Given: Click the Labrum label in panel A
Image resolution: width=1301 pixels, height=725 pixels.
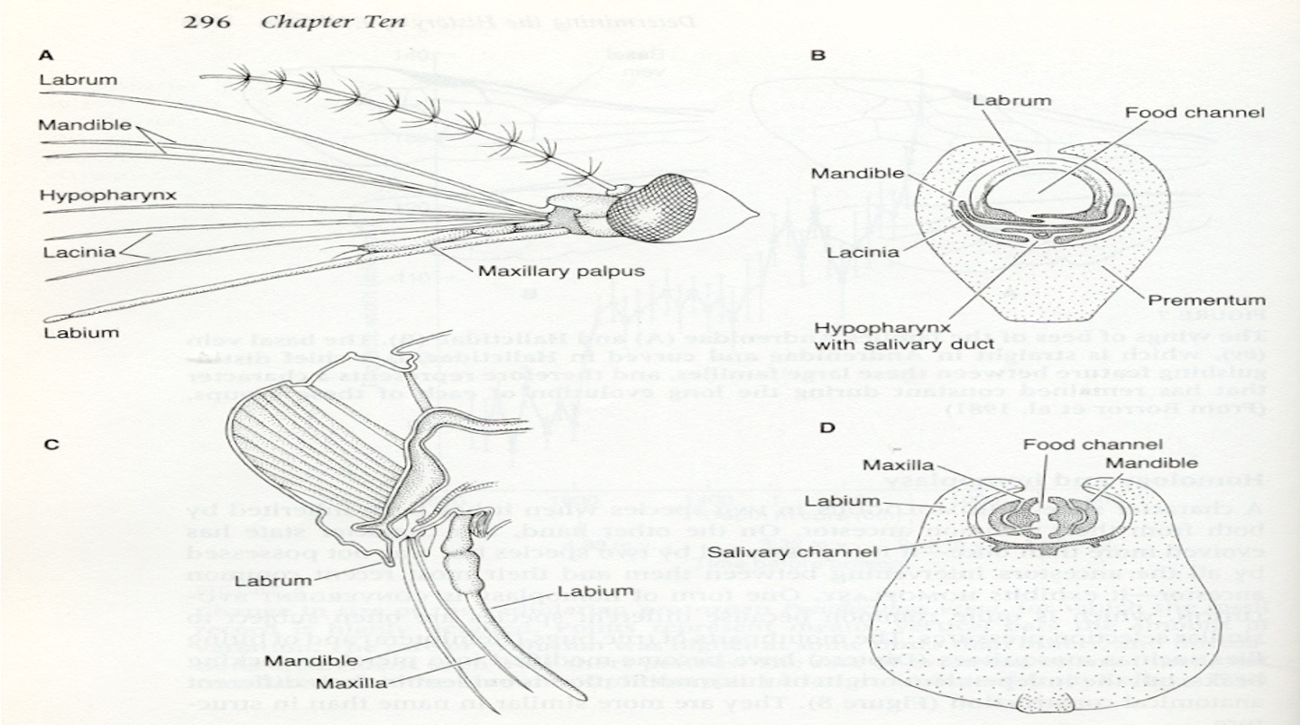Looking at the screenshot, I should tap(78, 80).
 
